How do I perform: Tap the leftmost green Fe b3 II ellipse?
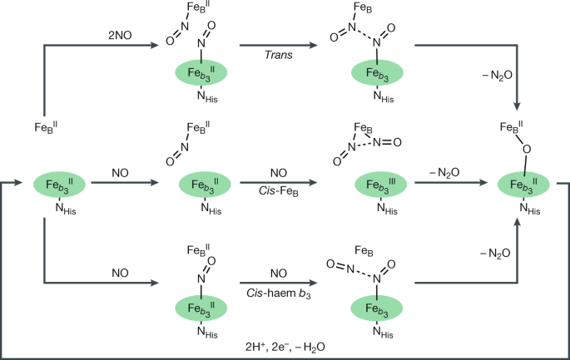(x=61, y=182)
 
